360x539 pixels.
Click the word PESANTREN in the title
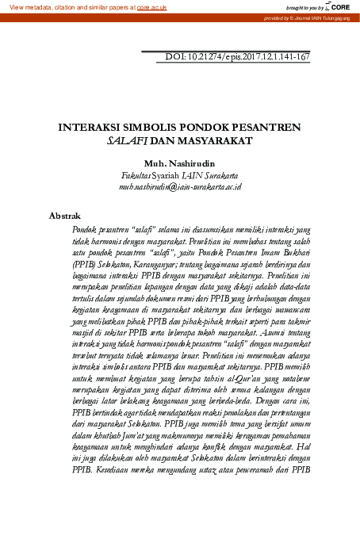tap(266, 127)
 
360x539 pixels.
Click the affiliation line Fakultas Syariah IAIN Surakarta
tap(179, 174)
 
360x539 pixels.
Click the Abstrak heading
tap(64, 214)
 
